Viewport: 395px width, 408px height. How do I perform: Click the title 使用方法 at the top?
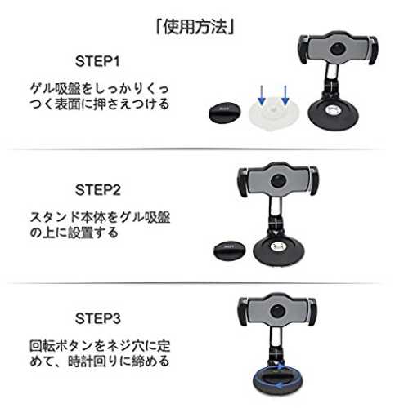click(195, 27)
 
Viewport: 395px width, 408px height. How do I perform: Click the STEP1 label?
click(97, 61)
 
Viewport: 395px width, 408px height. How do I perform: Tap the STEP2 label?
click(97, 190)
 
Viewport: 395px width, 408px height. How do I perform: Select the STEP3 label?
click(97, 318)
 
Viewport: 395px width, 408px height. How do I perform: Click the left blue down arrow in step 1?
click(262, 95)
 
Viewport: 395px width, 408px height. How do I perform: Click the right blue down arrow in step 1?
click(285, 95)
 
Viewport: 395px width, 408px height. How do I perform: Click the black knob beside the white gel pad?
click(225, 113)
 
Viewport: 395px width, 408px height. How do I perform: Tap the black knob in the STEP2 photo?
click(230, 251)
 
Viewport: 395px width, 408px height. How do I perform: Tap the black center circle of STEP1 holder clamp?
click(338, 49)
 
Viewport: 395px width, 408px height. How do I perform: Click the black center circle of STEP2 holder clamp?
click(278, 181)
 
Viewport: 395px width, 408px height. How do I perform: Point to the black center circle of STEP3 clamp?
click(278, 311)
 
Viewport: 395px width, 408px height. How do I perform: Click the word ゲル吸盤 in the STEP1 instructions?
click(56, 89)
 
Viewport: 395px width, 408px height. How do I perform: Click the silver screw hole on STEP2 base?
click(278, 246)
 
